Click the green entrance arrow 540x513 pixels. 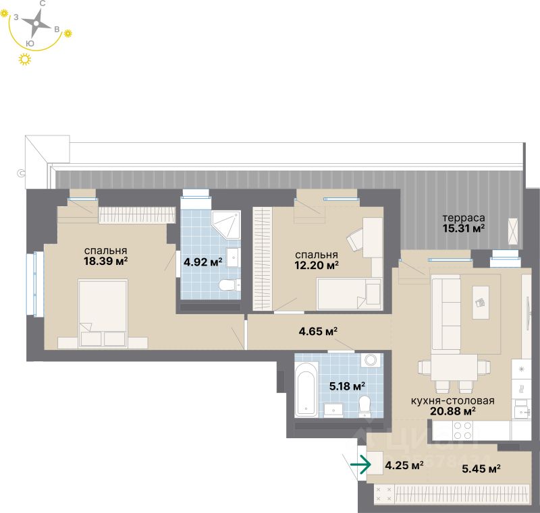[362, 464]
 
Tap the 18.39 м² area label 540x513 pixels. [107, 261]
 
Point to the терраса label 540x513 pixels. [463, 218]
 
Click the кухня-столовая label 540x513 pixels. [452, 400]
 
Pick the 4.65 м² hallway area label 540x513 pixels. [318, 331]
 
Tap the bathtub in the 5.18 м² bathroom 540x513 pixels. [307, 390]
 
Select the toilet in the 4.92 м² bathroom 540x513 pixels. [229, 285]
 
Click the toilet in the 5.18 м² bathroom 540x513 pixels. [365, 405]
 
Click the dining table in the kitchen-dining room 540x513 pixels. [453, 368]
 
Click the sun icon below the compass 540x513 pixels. [26, 61]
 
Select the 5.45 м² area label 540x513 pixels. [481, 470]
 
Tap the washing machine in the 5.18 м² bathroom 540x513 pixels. [371, 360]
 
